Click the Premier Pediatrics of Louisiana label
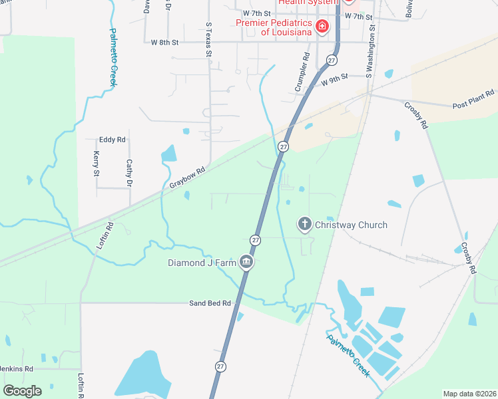coord(273,27)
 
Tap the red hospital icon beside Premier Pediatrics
coord(322,27)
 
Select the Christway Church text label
coord(351,225)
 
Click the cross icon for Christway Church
coord(305,224)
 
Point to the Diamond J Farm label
coord(202,262)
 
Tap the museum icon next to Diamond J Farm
coord(247,262)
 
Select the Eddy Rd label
coord(112,140)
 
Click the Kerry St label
coord(96,164)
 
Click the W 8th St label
coord(165,42)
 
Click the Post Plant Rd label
coord(473,99)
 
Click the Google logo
coord(22,390)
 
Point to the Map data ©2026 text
coord(469,394)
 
